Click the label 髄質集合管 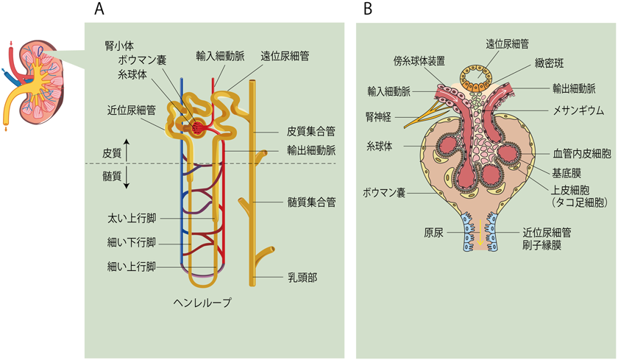click(311, 200)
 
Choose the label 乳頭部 click(301, 278)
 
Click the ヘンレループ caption click(202, 301)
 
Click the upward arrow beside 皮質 click(127, 149)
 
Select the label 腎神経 click(380, 116)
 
